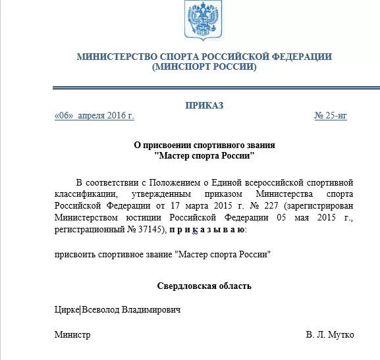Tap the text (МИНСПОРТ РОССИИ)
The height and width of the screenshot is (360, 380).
(x=204, y=67)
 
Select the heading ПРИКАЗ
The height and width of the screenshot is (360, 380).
(x=204, y=105)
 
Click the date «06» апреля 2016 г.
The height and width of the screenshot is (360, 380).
(x=94, y=116)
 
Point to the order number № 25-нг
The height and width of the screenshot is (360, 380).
(x=331, y=116)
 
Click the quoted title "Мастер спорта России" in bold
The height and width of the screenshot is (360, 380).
(x=204, y=156)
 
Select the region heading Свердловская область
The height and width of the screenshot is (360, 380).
(x=204, y=286)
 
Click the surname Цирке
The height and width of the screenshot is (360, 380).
(x=67, y=309)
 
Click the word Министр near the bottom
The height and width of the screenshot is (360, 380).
(x=72, y=335)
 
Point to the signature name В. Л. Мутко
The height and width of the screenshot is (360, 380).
(x=330, y=335)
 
